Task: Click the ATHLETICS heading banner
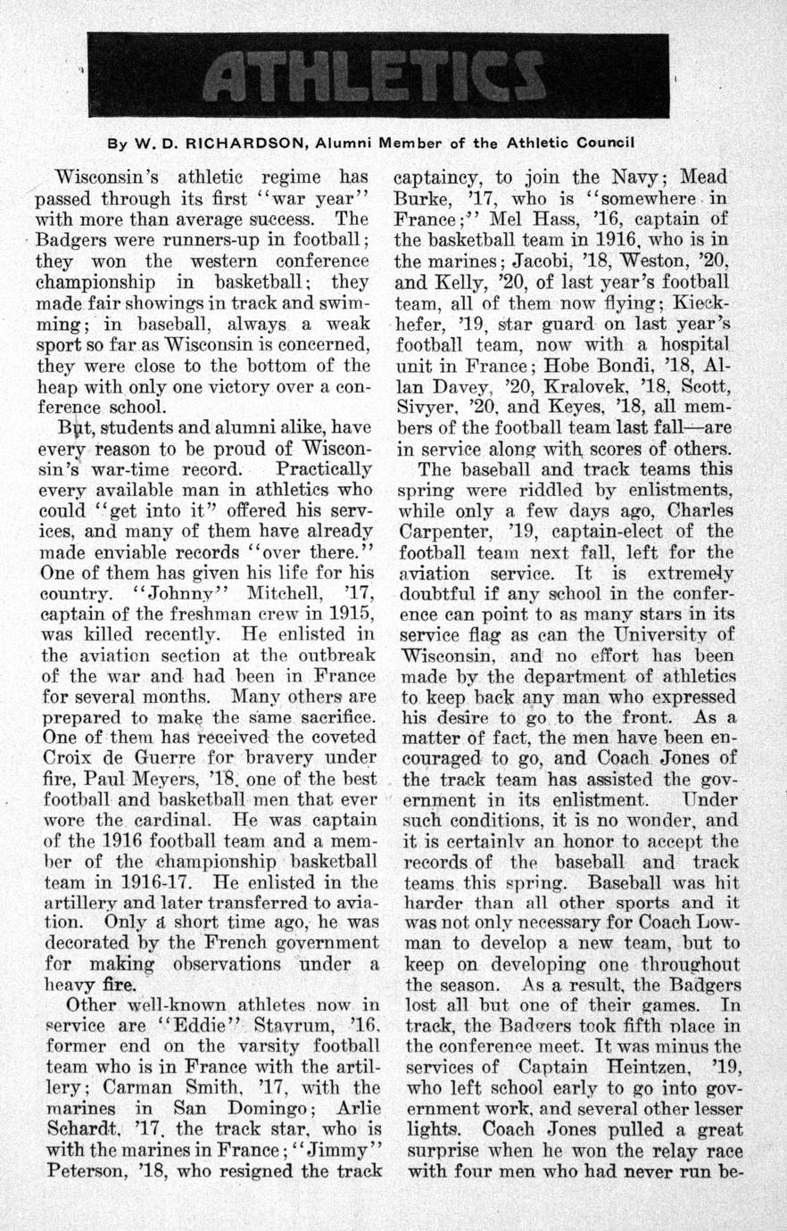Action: coord(378,76)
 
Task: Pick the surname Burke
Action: coord(421,199)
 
